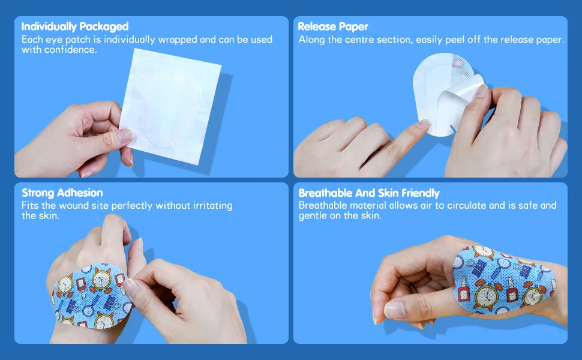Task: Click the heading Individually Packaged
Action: pyautogui.click(x=75, y=27)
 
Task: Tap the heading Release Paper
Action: pyautogui.click(x=333, y=27)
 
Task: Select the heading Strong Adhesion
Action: pyautogui.click(x=62, y=193)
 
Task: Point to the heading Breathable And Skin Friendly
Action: pyautogui.click(x=369, y=193)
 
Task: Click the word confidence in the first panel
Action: pyautogui.click(x=71, y=50)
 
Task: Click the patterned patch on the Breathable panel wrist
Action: pyautogui.click(x=503, y=280)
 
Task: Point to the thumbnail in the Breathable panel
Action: pyautogui.click(x=395, y=310)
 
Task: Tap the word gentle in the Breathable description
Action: pyautogui.click(x=313, y=216)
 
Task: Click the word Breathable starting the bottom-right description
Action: pyautogui.click(x=323, y=205)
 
